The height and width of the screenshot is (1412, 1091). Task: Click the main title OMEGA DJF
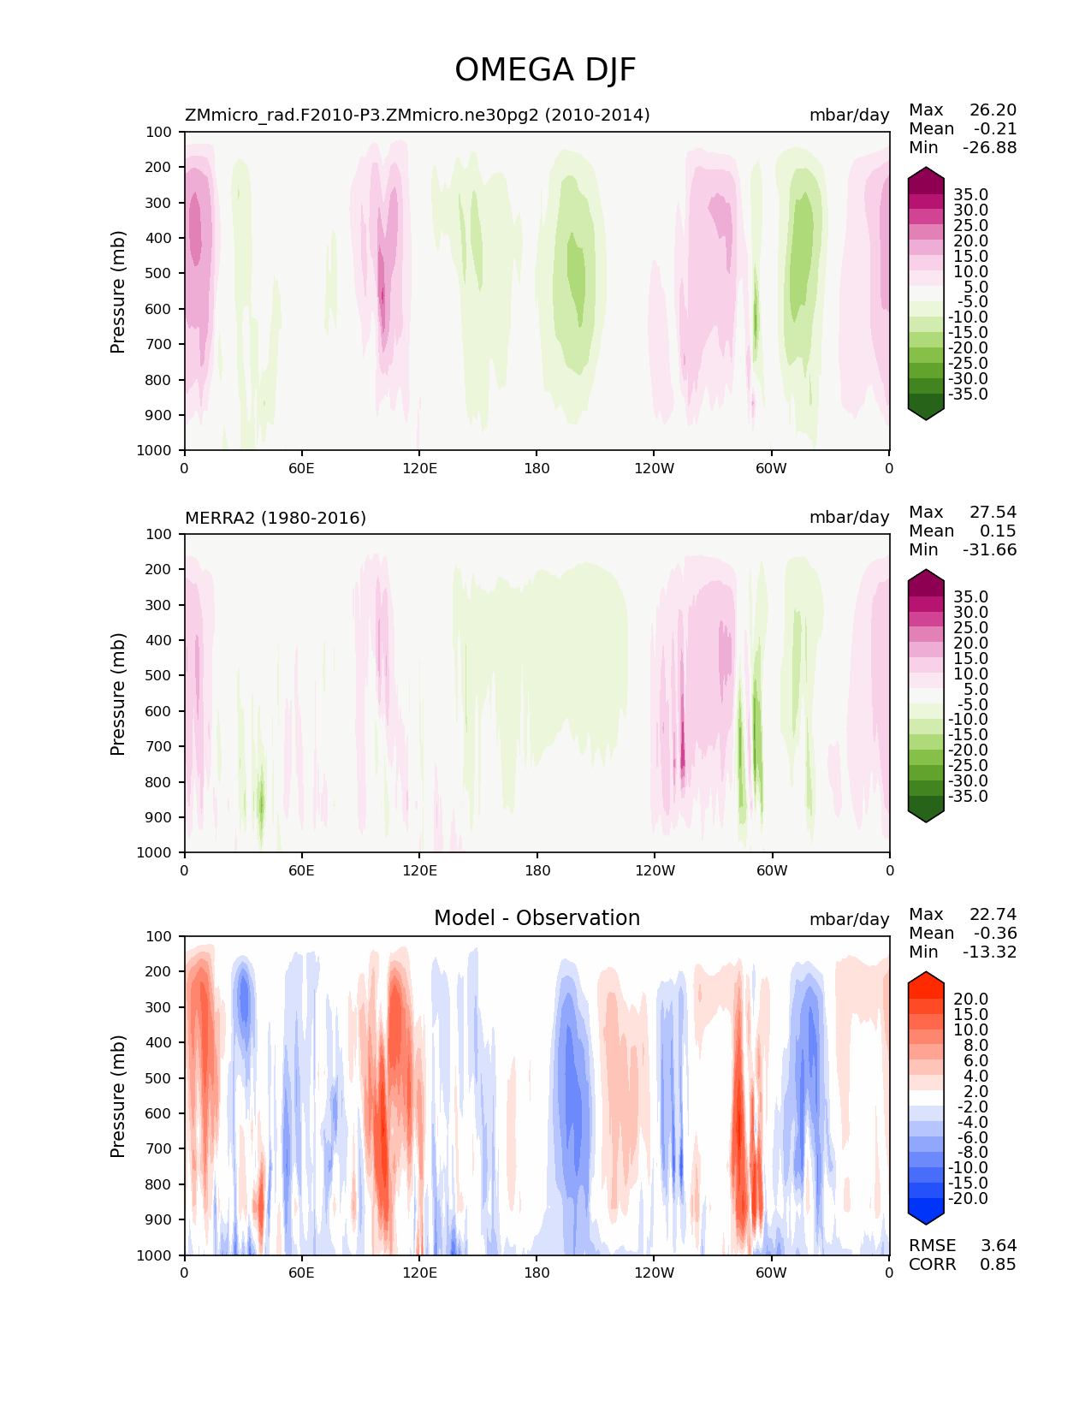[x=545, y=70]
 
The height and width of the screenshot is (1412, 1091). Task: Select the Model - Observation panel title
[x=537, y=918]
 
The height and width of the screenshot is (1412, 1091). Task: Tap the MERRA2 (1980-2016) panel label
[x=276, y=518]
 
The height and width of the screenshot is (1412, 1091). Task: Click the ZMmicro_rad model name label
[x=417, y=115]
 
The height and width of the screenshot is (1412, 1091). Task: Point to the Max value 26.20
[x=993, y=110]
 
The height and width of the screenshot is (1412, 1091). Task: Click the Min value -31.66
[x=989, y=549]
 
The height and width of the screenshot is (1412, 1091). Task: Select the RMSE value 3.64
[x=998, y=1245]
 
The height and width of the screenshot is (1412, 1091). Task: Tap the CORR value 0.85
[x=998, y=1264]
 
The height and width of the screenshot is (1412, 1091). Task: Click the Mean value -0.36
[x=994, y=933]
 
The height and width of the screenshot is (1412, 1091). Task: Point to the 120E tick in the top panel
[x=419, y=468]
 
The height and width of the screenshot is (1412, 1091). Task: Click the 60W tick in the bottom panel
[x=771, y=1273]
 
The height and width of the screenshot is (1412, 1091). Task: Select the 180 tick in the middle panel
[x=537, y=870]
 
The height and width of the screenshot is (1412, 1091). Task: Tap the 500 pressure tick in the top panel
[x=159, y=273]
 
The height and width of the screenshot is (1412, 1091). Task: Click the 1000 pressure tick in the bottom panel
[x=155, y=1255]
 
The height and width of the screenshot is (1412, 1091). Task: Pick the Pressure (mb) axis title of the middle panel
[x=118, y=693]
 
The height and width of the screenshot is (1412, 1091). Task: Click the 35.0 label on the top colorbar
[x=970, y=194]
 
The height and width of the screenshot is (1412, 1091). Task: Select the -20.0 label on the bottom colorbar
[x=968, y=1198]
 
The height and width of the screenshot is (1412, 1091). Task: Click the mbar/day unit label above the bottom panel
[x=849, y=919]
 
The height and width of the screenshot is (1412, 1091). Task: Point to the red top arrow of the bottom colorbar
[x=926, y=980]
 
